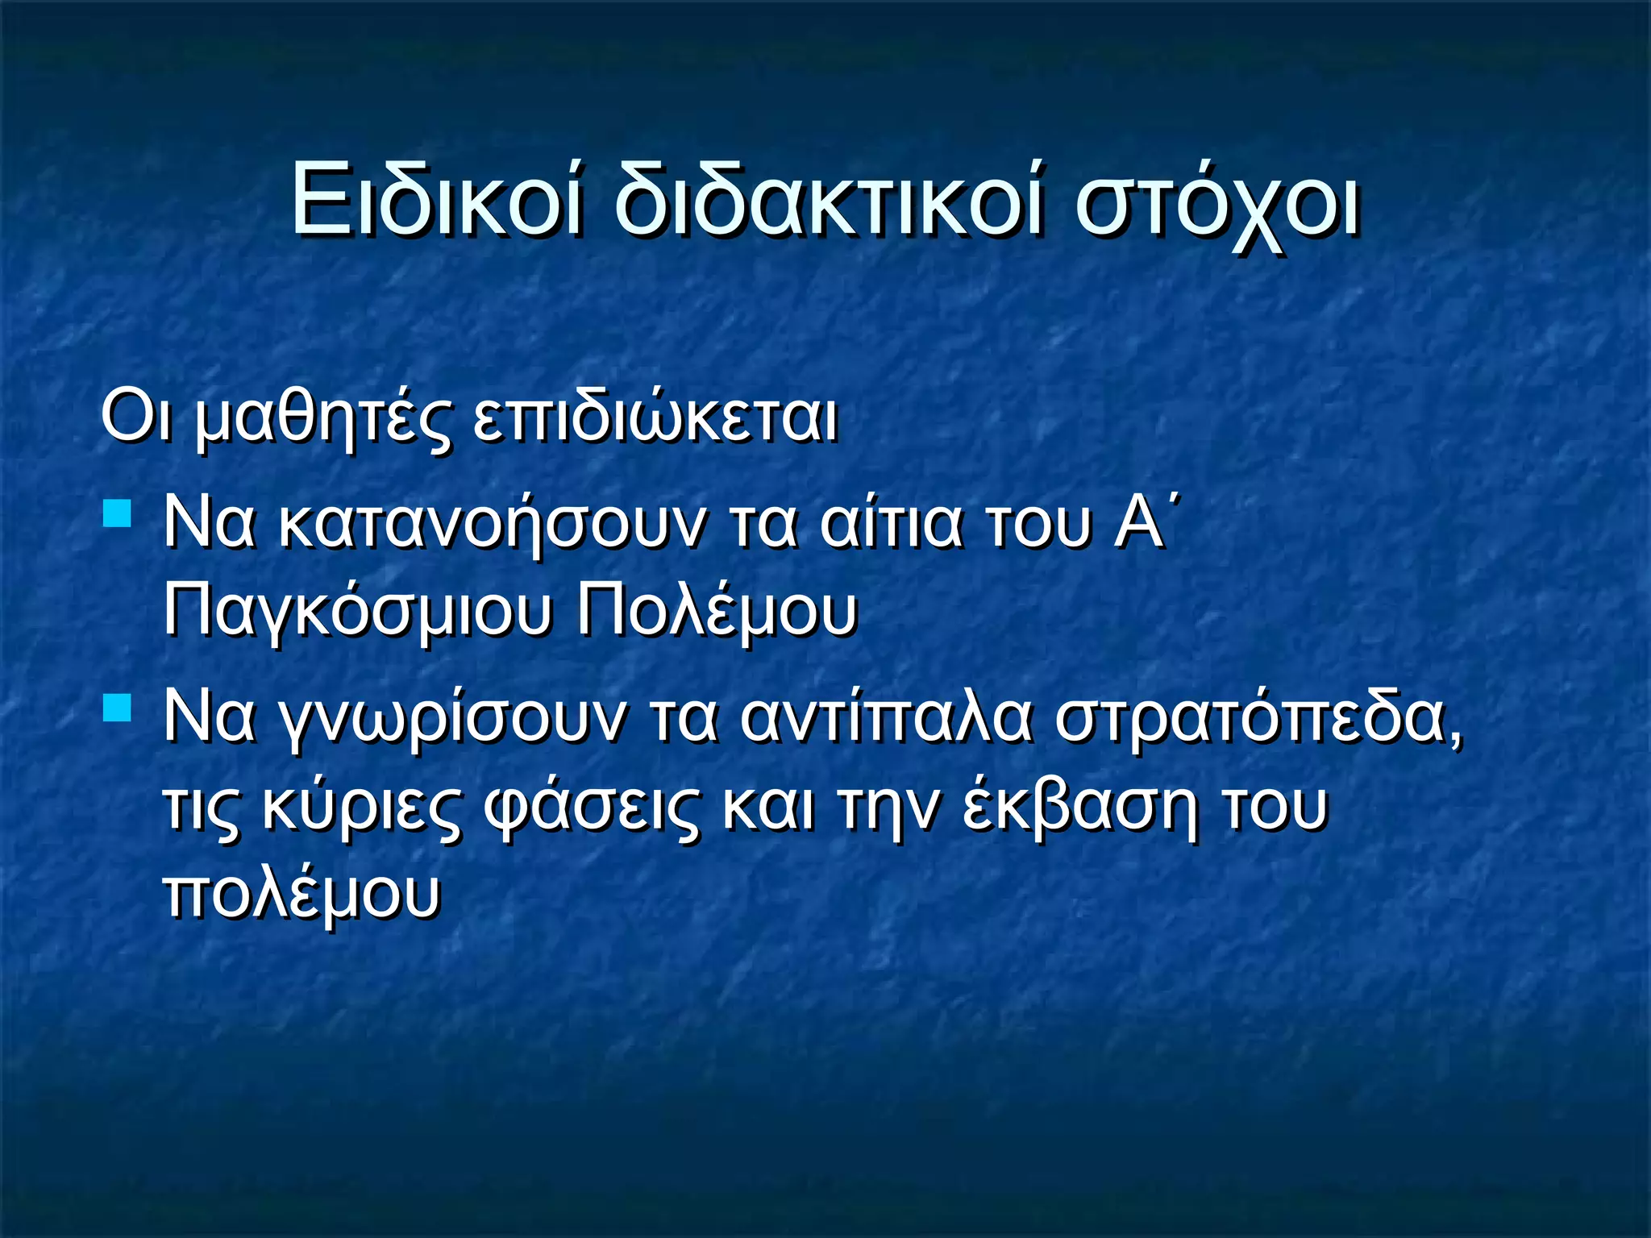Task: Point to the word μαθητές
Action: tap(322, 419)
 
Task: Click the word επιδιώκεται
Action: tap(655, 419)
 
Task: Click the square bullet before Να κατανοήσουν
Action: tap(118, 513)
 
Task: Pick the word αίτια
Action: tap(891, 524)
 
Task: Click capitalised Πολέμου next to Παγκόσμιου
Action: tap(716, 611)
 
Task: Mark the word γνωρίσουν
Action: tap(451, 719)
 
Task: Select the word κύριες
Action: tap(361, 808)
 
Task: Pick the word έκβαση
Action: tap(1079, 808)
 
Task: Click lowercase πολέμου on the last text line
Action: tap(302, 895)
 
